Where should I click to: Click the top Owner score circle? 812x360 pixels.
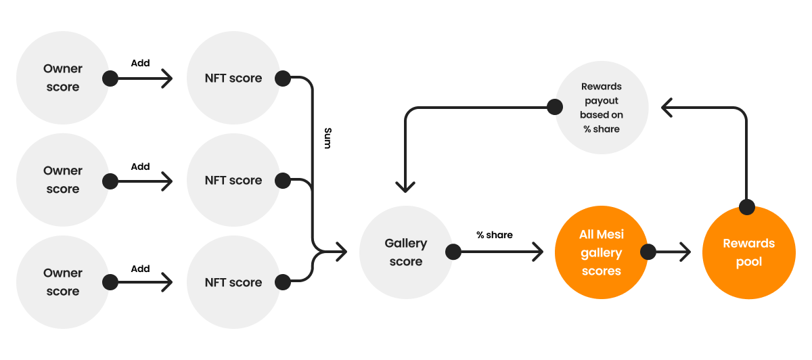[x=62, y=78]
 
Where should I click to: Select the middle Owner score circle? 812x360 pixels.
[x=62, y=180]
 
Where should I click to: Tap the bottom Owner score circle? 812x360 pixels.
[x=62, y=282]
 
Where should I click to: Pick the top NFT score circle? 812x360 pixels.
[x=233, y=78]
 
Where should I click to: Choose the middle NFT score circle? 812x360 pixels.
[x=233, y=180]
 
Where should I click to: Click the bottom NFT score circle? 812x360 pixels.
[x=233, y=282]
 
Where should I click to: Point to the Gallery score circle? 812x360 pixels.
[x=405, y=252]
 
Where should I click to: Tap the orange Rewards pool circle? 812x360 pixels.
[x=748, y=252]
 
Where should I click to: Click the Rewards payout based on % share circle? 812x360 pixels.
[x=601, y=108]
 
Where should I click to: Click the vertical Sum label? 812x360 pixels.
[x=328, y=137]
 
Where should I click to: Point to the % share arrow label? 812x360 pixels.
[x=494, y=235]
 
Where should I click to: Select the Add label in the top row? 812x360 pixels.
[x=140, y=63]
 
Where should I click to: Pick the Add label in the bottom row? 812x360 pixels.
[x=140, y=268]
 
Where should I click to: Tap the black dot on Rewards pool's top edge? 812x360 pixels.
[x=746, y=207]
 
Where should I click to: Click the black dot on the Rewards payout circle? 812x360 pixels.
[x=554, y=107]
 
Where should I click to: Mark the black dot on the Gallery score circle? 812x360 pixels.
[x=453, y=252]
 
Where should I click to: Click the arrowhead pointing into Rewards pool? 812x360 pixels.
[x=685, y=252]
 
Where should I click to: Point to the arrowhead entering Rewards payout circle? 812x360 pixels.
[x=667, y=107]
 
